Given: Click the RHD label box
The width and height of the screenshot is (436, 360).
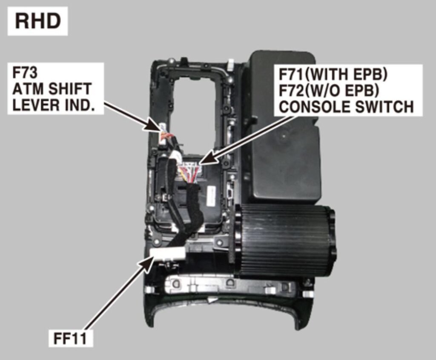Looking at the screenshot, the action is [x=37, y=21].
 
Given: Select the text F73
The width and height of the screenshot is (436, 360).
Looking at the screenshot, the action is [x=25, y=73].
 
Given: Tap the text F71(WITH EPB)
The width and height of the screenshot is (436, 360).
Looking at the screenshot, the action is [x=333, y=74].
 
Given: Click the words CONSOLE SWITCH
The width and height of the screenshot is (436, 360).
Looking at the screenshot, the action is [x=347, y=106].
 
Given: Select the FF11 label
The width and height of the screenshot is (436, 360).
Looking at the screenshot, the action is [x=70, y=338].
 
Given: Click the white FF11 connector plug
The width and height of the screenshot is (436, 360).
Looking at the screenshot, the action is [x=168, y=254].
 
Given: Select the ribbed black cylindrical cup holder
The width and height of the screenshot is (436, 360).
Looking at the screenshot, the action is [x=285, y=241].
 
